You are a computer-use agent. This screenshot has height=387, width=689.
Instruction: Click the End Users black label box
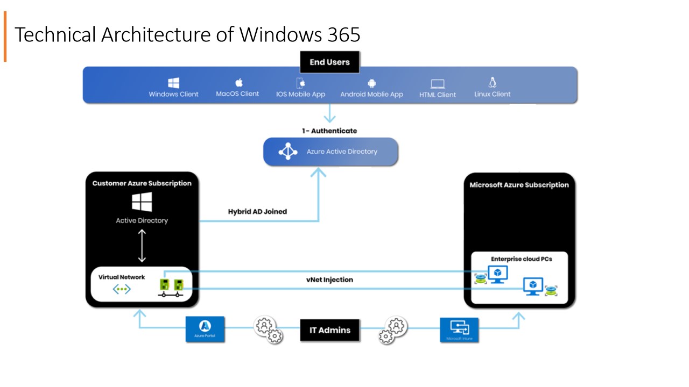click(x=329, y=62)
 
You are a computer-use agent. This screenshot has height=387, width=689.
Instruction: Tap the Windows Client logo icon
click(x=173, y=83)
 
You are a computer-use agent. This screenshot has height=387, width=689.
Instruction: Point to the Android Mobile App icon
click(x=371, y=83)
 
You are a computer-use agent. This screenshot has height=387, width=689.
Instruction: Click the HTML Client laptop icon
click(x=438, y=84)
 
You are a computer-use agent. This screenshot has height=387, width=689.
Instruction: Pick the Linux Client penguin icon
click(x=492, y=82)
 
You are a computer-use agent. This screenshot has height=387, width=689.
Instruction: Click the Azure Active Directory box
click(x=331, y=152)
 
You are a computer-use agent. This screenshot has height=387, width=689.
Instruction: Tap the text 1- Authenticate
click(x=329, y=131)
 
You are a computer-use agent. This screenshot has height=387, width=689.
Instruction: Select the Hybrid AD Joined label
click(x=257, y=212)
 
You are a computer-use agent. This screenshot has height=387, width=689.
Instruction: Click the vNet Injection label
click(x=329, y=279)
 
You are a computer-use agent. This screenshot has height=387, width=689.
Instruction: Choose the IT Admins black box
click(x=329, y=330)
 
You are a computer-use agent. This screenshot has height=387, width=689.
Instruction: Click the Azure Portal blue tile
click(x=205, y=329)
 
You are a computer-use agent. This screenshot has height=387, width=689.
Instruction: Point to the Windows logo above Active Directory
click(x=142, y=202)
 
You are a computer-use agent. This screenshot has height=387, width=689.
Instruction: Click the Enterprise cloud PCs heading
click(x=521, y=259)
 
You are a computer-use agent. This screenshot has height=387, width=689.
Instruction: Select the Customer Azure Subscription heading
click(x=142, y=183)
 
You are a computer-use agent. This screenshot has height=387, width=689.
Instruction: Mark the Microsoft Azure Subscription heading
click(x=519, y=185)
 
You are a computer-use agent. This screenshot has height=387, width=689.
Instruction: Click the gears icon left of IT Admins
click(x=268, y=329)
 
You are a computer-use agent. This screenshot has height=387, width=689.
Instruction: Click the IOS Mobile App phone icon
click(x=301, y=83)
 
